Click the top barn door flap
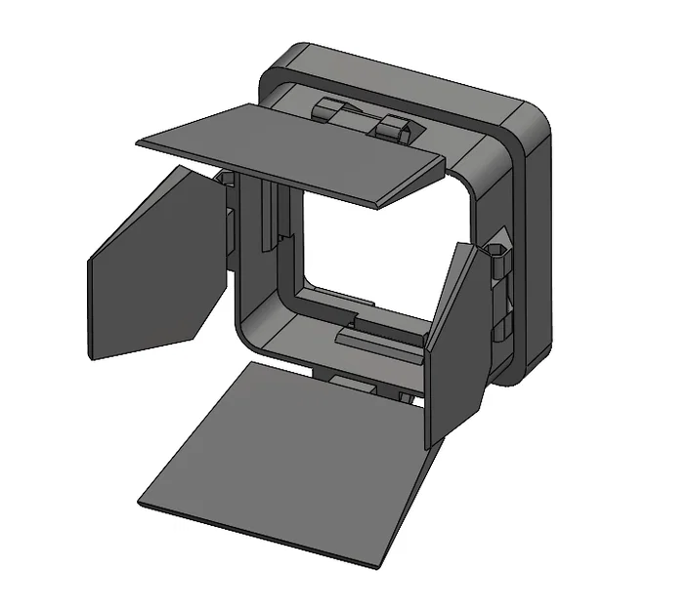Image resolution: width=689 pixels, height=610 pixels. [x=293, y=146]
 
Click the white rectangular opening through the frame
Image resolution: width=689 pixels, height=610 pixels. [x=362, y=244]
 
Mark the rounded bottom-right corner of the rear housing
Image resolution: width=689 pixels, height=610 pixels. [x=528, y=371]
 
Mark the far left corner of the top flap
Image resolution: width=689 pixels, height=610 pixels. [x=140, y=142]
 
